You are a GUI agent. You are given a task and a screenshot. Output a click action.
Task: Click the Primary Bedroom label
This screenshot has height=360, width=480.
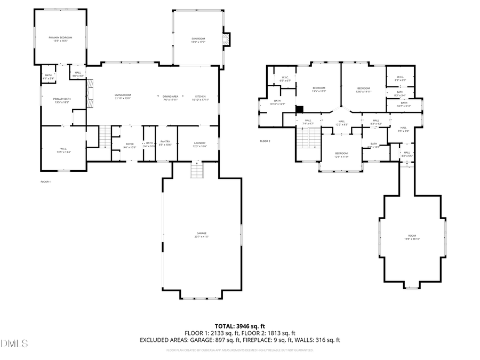point(60,39)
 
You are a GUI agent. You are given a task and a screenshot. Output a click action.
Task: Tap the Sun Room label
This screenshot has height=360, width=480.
point(198,39)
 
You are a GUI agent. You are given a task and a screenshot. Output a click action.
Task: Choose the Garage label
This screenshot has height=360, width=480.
point(201,235)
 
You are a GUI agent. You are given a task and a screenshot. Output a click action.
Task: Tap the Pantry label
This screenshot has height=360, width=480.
point(165,143)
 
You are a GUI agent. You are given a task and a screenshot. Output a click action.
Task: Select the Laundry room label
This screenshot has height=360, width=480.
point(200,143)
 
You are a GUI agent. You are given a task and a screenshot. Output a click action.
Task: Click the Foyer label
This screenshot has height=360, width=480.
point(130,145)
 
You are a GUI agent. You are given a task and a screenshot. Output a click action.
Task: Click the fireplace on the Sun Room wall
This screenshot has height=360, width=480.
point(229,41)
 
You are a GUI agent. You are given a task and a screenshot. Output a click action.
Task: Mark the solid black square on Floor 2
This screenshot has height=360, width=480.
point(300,109)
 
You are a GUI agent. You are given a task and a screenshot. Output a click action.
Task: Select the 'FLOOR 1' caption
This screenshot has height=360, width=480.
point(45,182)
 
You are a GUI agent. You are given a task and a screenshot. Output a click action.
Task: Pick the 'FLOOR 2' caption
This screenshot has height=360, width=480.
point(265,141)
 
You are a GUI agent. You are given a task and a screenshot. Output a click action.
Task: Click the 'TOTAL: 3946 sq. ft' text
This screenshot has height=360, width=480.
point(239,325)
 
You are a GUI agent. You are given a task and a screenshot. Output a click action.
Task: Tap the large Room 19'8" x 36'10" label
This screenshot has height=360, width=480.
point(412,237)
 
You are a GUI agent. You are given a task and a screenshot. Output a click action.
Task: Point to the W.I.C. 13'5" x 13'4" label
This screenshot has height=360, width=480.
point(63,150)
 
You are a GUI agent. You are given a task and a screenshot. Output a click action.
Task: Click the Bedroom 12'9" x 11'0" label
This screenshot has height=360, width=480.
point(341,155)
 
